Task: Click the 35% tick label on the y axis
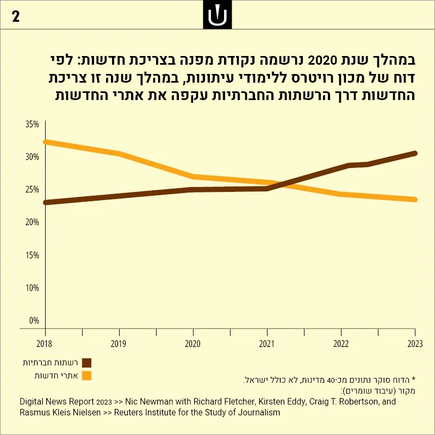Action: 32,125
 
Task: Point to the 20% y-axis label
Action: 32,222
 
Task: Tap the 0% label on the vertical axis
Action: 34,320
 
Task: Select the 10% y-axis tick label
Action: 32,288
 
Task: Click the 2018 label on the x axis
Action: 45,344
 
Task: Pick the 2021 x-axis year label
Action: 266,344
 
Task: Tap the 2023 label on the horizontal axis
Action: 415,344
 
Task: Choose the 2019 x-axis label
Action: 119,344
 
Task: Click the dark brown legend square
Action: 87,363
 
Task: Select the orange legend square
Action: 87,376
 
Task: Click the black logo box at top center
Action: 217,15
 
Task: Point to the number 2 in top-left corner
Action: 16,17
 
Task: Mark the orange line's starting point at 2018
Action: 46,142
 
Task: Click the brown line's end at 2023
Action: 415,153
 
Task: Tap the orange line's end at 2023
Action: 415,200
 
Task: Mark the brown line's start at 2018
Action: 46,202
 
